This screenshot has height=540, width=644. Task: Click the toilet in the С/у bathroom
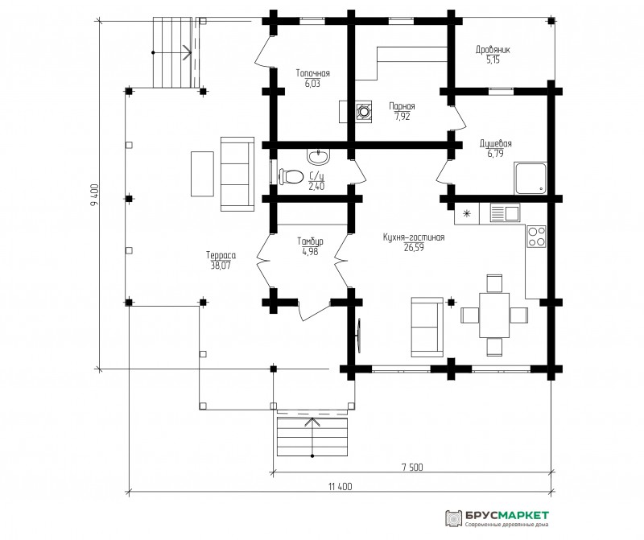[x=291, y=176]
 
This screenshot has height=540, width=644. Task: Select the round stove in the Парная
[x=364, y=111]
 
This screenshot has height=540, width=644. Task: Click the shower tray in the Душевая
[x=530, y=178]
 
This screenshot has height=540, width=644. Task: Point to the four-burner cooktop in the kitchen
[x=537, y=236]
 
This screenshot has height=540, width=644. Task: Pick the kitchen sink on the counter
[x=506, y=213]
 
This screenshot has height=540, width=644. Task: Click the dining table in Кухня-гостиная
[x=494, y=315]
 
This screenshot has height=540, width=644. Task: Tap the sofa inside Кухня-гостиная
[x=427, y=327]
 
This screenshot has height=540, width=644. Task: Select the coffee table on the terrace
[x=202, y=174]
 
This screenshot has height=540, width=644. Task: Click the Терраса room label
[x=221, y=255]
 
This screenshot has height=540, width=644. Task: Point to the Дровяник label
[x=493, y=50]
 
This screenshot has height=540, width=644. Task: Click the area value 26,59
[x=414, y=247]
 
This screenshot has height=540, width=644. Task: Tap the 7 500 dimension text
[x=412, y=467]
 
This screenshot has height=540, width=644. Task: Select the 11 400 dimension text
[x=340, y=487]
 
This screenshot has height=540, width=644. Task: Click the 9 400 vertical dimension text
[x=94, y=194]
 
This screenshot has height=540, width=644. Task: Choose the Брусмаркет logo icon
[x=454, y=518]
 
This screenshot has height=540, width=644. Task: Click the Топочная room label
[x=313, y=73]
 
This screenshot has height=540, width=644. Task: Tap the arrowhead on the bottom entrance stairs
[x=312, y=423]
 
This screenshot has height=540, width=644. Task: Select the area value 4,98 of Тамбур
[x=310, y=252]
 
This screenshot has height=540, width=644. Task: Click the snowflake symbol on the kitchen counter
[x=467, y=213]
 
